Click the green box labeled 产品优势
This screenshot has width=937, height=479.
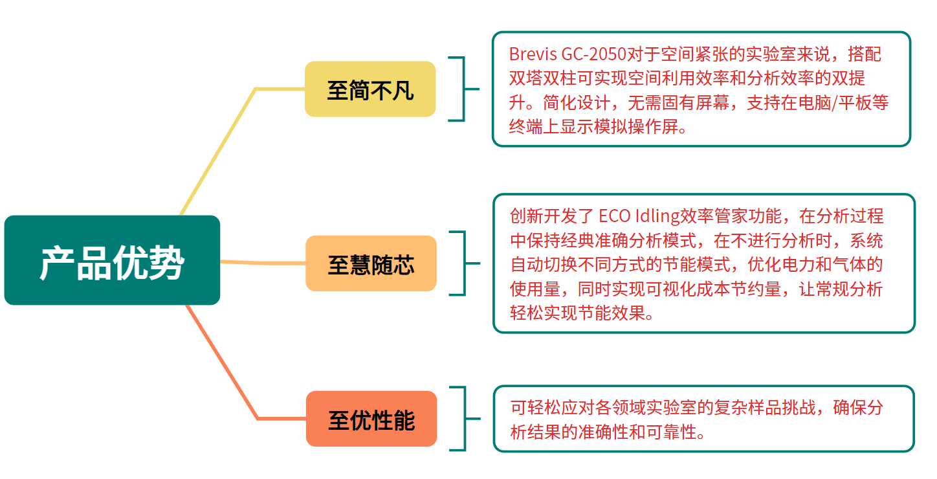coord(112,260)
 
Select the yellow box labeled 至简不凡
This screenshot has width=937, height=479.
coord(370,89)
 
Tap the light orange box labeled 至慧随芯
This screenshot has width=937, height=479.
coord(371,263)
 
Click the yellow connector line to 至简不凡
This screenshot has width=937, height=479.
coord(220,149)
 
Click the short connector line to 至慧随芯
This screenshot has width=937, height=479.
coord(262,263)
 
